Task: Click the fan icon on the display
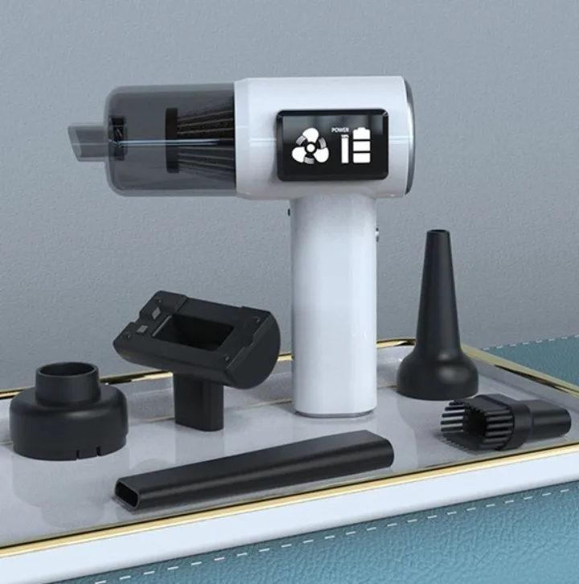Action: pos(310,148)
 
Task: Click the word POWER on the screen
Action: pos(340,130)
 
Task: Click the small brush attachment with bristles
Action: pos(504,421)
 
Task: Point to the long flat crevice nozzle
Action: pos(254,468)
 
